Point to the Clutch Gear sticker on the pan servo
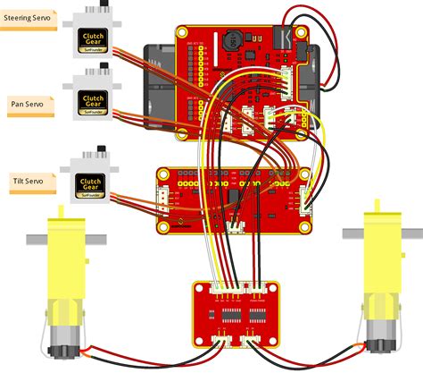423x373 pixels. [x=92, y=101]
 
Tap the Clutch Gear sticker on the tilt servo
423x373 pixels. [x=92, y=185]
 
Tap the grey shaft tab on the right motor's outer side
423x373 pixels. [x=408, y=236]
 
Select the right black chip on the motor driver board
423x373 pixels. [x=259, y=314]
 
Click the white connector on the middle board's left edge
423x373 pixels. [x=162, y=196]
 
